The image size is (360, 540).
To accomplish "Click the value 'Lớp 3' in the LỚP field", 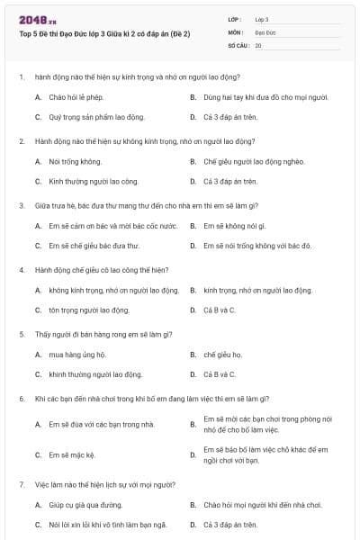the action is coord(262,19).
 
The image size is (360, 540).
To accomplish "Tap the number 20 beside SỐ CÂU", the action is coord(258,44).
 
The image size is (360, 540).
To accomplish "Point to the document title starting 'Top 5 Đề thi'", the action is coord(104,33).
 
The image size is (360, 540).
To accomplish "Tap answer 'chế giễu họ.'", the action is coord(223,355).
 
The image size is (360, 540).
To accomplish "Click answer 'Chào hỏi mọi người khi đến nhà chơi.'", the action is coord(262,505).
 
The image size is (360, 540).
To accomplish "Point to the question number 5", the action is coord(22,334).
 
